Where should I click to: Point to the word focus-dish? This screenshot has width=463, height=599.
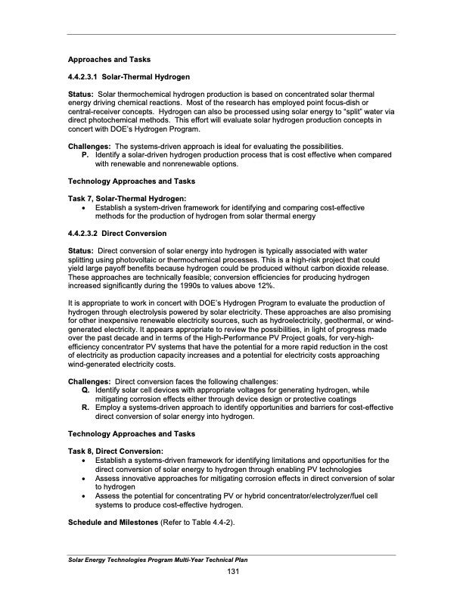[x=344, y=103]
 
